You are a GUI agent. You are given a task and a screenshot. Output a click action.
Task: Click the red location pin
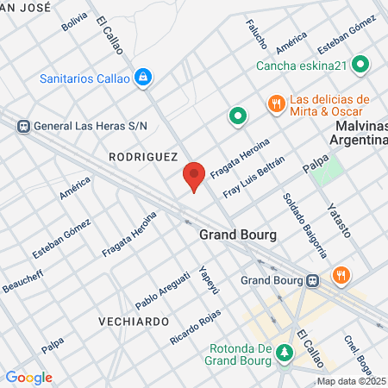(194, 177)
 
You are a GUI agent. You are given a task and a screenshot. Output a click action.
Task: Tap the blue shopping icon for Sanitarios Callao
(145, 78)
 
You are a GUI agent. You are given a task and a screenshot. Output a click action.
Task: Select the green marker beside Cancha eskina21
(361, 65)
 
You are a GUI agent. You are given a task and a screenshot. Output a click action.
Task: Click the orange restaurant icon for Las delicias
(276, 103)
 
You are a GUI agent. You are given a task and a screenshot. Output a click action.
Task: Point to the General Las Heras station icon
(23, 126)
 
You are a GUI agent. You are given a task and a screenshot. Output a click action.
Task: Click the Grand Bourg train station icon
(314, 280)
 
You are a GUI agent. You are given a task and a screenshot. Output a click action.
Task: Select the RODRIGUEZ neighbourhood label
(143, 157)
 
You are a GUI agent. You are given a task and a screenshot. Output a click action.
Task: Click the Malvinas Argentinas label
(355, 134)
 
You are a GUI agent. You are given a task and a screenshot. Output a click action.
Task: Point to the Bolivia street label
(75, 22)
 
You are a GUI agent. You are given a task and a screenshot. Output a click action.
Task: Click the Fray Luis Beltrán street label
(253, 176)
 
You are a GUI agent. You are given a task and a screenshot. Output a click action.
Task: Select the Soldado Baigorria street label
(305, 224)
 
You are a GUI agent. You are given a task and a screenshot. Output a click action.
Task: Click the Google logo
(28, 378)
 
